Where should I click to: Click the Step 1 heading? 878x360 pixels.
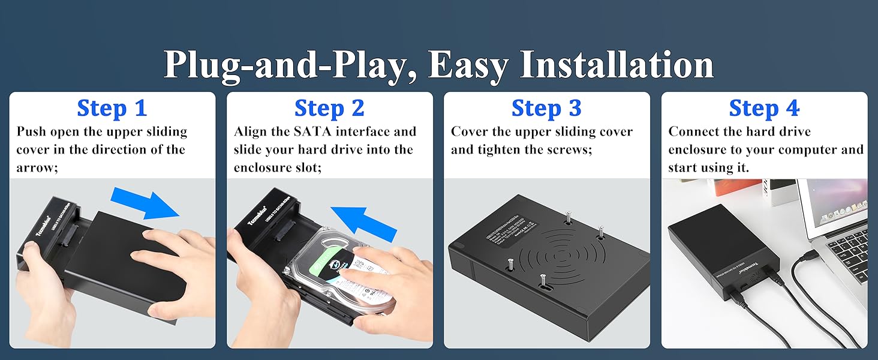tap(112, 109)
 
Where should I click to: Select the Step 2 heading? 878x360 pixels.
tap(329, 109)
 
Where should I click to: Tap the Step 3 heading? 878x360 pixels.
tap(546, 109)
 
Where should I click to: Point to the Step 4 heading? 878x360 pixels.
tap(764, 109)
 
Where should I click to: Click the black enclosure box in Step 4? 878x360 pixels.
tap(720, 246)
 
